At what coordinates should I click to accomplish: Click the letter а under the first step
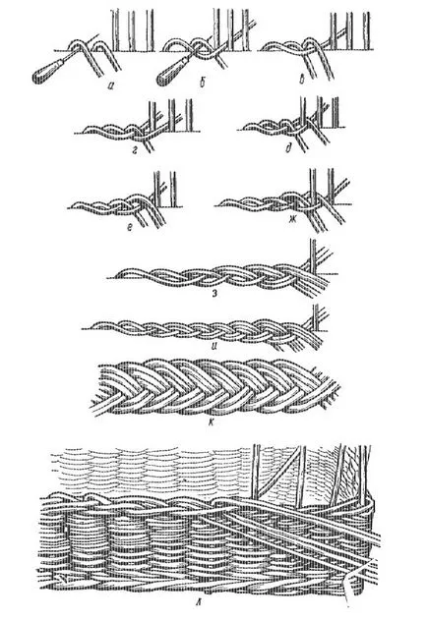point(110,84)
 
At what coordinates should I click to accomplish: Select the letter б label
point(203,83)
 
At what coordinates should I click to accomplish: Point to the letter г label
point(135,150)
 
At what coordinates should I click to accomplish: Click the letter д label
point(288,148)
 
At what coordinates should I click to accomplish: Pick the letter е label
point(130,227)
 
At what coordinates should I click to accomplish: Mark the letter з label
point(214,293)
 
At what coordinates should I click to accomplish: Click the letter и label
point(213,349)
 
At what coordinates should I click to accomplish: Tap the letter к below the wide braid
point(212,423)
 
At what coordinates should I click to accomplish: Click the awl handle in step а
point(47,72)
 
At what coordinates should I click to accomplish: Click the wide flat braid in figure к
point(213,387)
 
